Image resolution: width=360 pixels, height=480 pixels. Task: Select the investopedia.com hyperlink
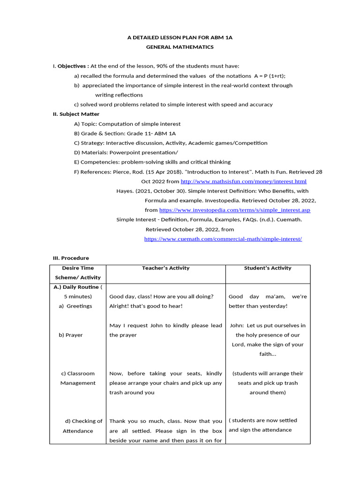(x=234, y=210)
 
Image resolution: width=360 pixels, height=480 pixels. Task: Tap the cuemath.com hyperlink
(x=223, y=239)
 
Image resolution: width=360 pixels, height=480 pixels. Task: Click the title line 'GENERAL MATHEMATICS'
(x=180, y=47)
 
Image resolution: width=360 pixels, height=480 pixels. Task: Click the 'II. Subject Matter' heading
(x=76, y=114)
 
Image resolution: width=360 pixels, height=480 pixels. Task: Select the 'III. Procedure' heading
(x=71, y=258)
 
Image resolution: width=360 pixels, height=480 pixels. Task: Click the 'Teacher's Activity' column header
(x=165, y=268)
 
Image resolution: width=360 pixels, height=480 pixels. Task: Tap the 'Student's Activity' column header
(x=268, y=268)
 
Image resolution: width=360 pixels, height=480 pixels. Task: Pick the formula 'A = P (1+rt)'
(x=269, y=76)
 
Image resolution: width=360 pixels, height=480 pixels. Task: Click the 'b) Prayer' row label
(x=71, y=335)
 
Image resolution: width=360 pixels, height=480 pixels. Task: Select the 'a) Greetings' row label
(x=75, y=306)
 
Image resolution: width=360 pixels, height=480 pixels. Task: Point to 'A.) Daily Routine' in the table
(x=76, y=287)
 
